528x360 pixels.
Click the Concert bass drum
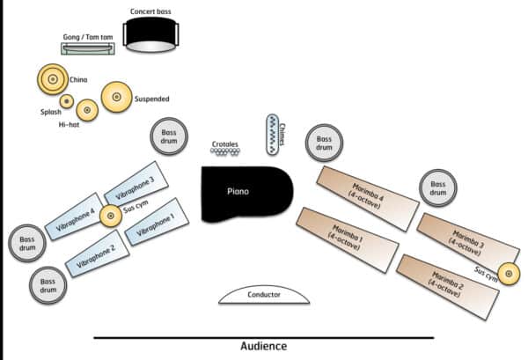151,34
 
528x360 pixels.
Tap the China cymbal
51,79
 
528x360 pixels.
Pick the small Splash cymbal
66,100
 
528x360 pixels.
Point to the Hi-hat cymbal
86,110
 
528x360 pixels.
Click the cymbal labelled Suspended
116,98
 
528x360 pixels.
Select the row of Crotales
225,151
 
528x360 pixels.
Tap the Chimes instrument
273,135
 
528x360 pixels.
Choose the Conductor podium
264,296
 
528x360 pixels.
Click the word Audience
263,346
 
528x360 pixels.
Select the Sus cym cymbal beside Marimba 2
508,273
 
